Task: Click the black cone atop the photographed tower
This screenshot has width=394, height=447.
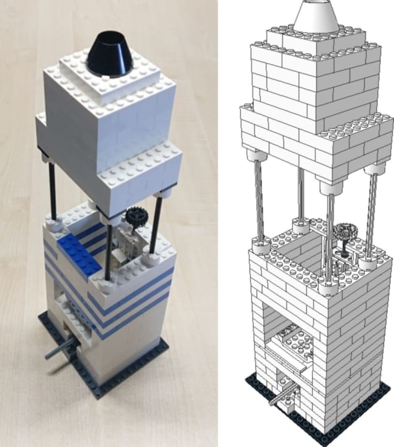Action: pos(110,55)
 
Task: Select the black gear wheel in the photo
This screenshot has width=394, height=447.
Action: pos(133,216)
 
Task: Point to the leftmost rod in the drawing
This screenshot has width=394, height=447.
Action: pos(258,198)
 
